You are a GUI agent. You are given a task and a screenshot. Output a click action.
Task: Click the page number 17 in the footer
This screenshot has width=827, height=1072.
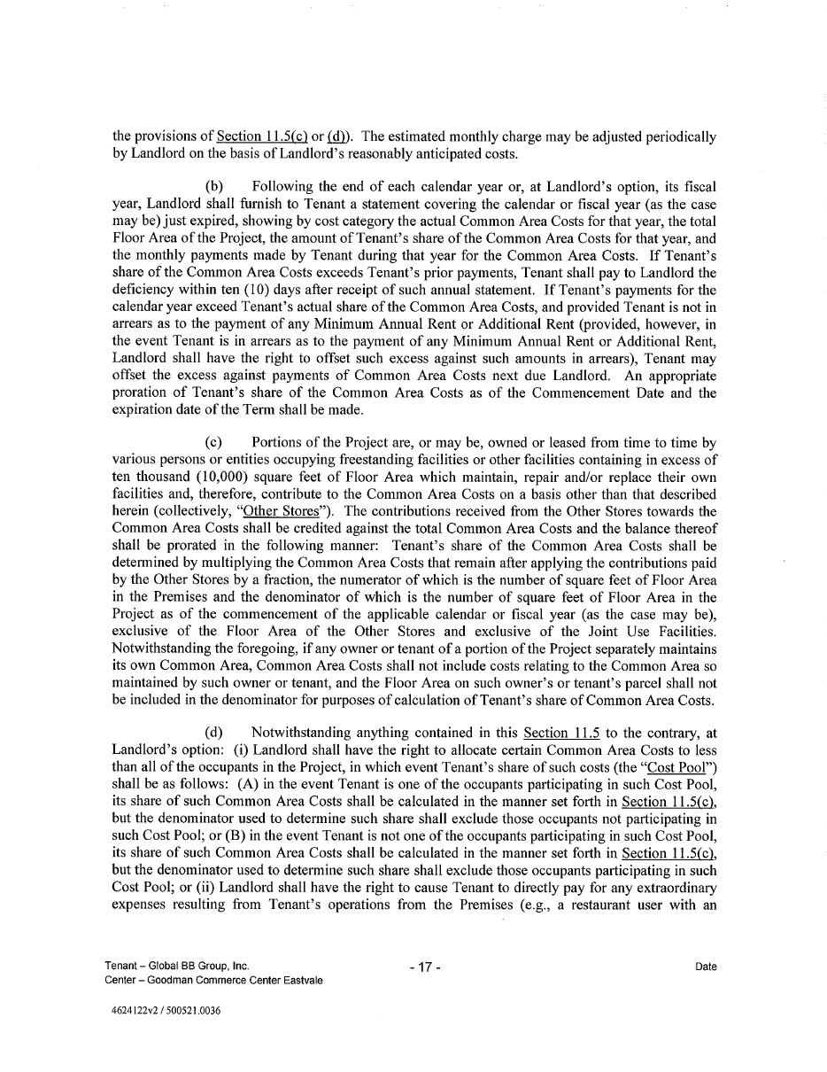425,967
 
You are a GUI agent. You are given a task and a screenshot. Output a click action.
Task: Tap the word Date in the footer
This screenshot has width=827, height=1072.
706,967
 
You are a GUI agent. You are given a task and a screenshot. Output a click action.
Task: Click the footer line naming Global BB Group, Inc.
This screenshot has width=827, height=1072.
177,966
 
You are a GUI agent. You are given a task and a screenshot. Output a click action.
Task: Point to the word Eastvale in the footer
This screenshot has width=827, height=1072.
302,980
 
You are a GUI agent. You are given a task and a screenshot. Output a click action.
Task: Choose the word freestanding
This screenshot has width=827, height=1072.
387,460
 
